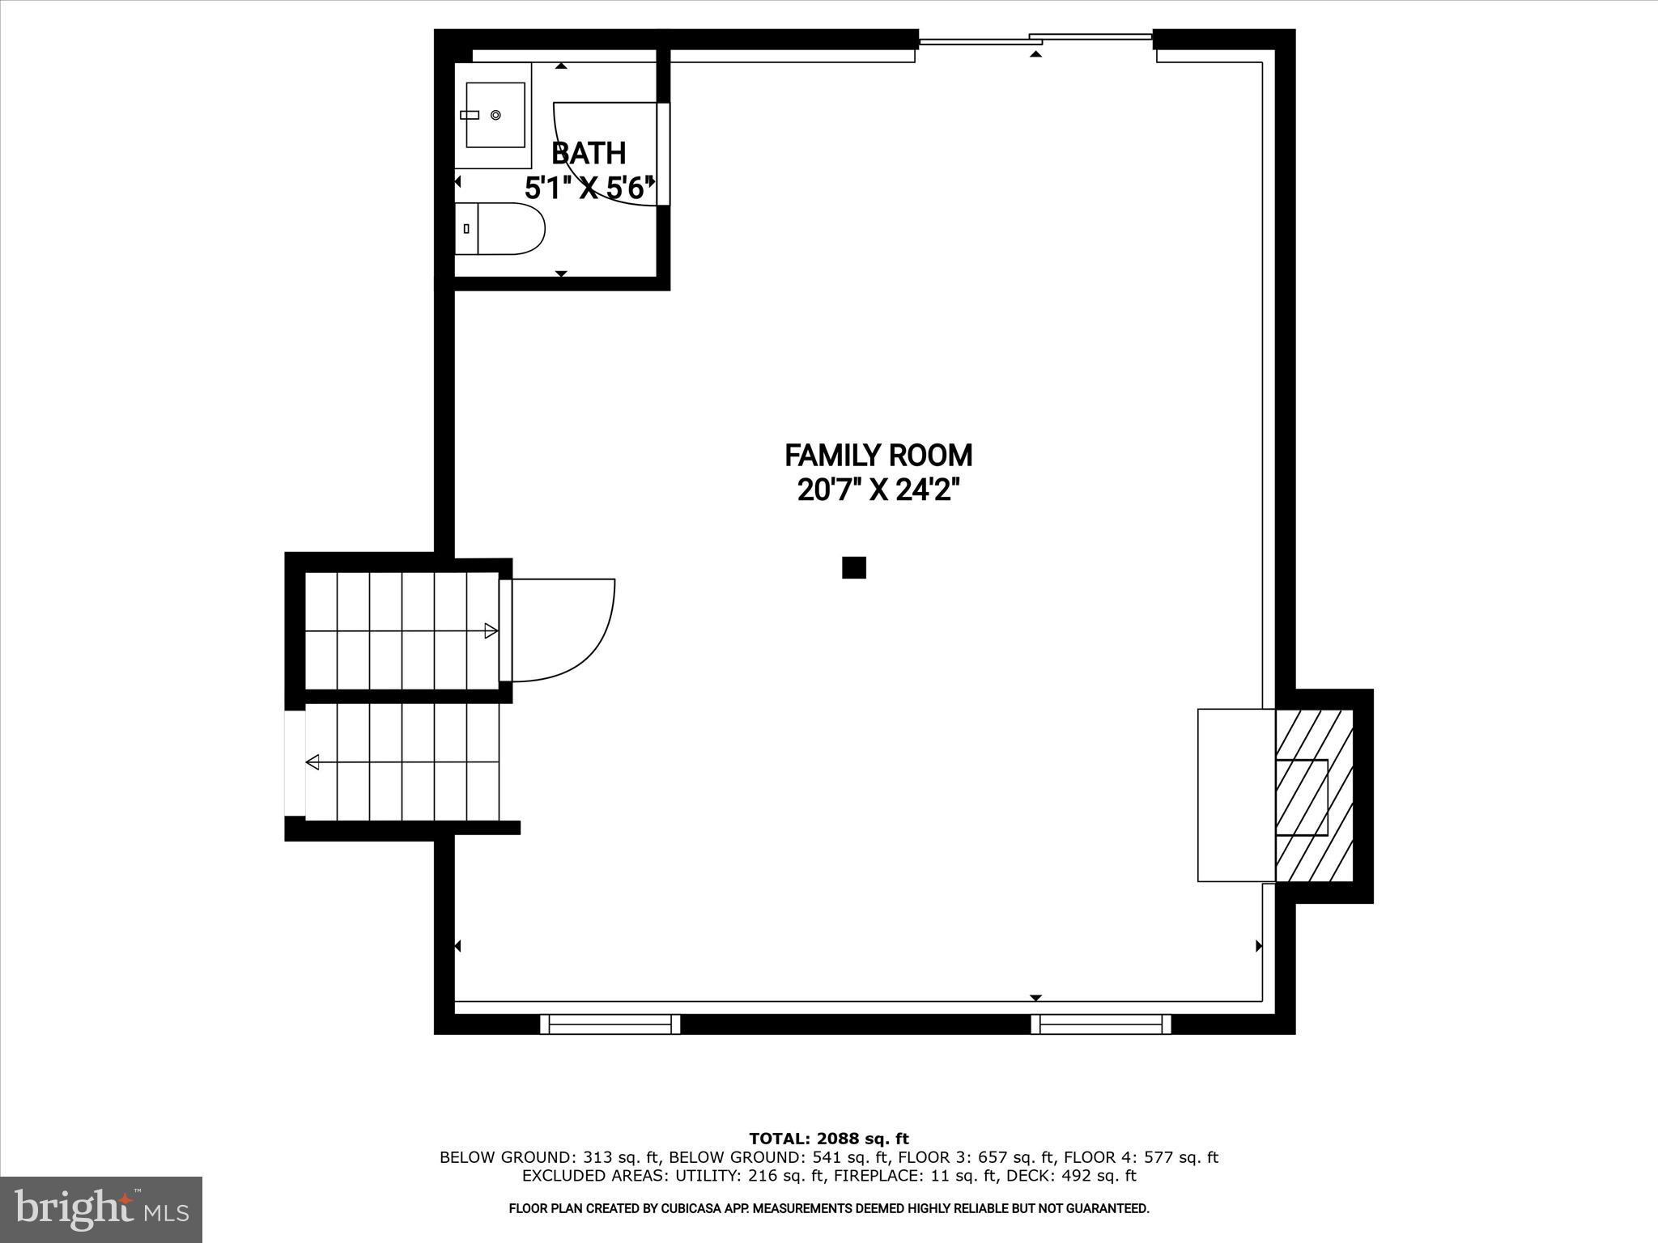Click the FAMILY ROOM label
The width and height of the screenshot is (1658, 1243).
click(878, 456)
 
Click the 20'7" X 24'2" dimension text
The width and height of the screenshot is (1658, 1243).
click(878, 490)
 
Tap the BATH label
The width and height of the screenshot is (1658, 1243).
click(589, 153)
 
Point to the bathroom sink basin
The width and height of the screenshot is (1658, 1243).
click(495, 116)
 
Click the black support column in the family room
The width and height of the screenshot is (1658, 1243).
click(853, 567)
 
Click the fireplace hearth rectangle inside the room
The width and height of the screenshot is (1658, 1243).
click(1236, 795)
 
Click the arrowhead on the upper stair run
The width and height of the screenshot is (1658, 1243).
click(491, 630)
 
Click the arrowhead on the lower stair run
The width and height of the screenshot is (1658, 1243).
click(312, 761)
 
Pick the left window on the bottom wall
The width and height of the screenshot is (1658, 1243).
click(610, 1025)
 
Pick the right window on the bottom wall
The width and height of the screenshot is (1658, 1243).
click(1101, 1025)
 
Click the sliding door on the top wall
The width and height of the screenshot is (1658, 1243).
click(1035, 38)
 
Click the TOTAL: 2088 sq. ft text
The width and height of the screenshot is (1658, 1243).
click(828, 1139)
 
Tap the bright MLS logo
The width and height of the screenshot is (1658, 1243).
click(101, 1209)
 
